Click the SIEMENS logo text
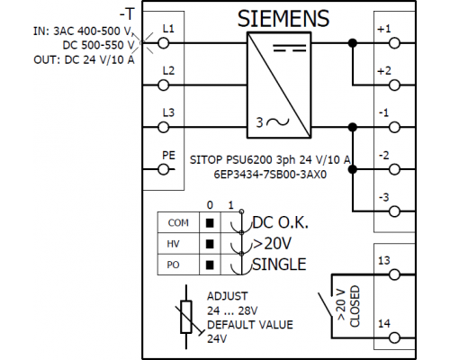283,19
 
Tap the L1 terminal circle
164,43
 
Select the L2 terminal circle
164,85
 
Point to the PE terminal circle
164,169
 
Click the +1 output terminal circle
394,43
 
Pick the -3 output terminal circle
394,211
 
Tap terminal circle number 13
394,274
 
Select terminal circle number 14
394,337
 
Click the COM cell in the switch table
178,223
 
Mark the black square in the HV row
210,244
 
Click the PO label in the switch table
173,265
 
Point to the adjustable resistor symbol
186,317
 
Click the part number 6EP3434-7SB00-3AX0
270,175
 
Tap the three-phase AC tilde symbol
278,121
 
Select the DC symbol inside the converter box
290,49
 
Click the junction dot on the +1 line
353,43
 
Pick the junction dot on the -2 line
353,169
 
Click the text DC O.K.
281,222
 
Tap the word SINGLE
279,265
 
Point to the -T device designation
127,14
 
